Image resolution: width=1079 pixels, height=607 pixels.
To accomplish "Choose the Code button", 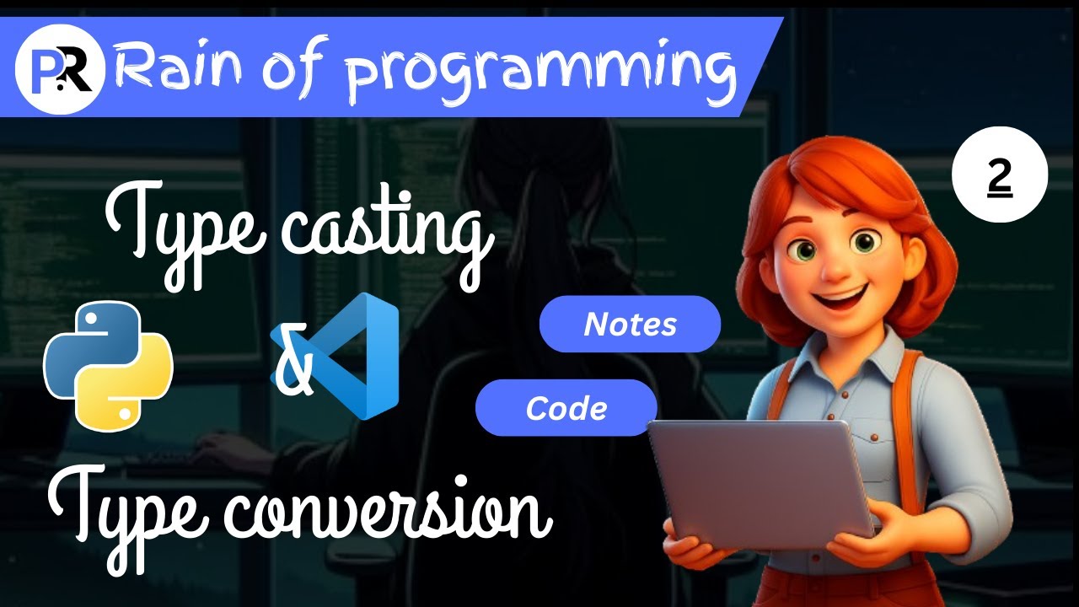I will point(566,408).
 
